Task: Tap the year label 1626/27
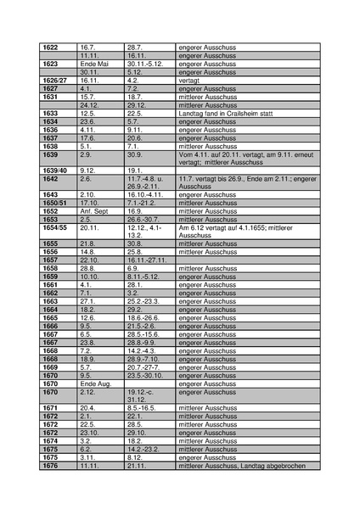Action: click(x=53, y=80)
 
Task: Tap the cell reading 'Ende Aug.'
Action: click(x=95, y=383)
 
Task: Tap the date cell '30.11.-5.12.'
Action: click(x=145, y=64)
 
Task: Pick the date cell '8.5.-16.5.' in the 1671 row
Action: click(x=143, y=408)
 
